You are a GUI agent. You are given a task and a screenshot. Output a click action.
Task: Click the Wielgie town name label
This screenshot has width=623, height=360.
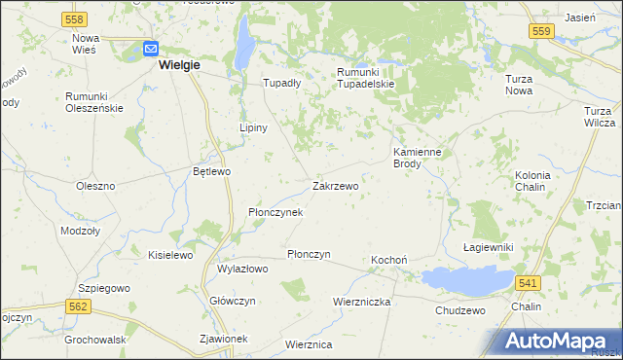pyautogui.click(x=178, y=65)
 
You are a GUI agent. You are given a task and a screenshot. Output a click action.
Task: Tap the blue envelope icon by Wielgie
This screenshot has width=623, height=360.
pyautogui.click(x=151, y=48)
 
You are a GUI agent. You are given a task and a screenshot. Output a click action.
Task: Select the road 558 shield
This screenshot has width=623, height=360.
pyautogui.click(x=72, y=19)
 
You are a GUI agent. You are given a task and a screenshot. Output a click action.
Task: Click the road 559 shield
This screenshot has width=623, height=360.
pyautogui.click(x=543, y=32)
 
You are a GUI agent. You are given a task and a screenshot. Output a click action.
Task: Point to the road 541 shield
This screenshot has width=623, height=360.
pyautogui.click(x=527, y=282)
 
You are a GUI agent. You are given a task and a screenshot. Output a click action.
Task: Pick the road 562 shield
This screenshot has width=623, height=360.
pyautogui.click(x=80, y=306)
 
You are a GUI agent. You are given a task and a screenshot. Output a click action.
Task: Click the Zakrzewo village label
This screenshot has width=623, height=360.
pyautogui.click(x=336, y=185)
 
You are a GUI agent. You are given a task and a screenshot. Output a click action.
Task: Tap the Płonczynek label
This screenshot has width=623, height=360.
pyautogui.click(x=275, y=211)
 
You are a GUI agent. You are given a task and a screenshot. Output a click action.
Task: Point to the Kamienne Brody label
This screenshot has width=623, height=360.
pyautogui.click(x=420, y=158)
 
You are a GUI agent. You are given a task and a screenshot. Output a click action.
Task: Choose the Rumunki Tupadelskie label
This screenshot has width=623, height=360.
pyautogui.click(x=365, y=78)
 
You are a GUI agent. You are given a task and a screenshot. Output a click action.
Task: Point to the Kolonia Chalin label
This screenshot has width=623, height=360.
pyautogui.click(x=532, y=181)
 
